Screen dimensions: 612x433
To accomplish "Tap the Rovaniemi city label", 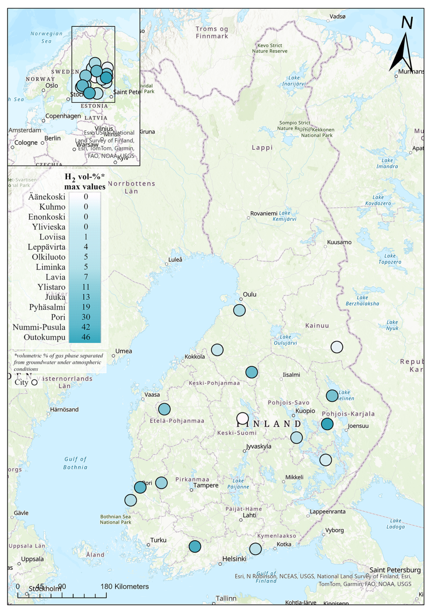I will coord(264,214).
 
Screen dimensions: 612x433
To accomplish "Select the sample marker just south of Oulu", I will coord(239,310).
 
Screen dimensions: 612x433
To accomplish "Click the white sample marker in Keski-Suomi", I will coord(242,418).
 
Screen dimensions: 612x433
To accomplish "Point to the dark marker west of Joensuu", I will coord(327,424).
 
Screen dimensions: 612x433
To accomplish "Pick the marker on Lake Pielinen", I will coord(332,396).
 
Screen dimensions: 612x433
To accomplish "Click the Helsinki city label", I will coord(234,559).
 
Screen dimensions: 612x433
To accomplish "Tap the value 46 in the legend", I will coord(86,337).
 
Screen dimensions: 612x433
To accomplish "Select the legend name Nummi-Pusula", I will coord(39,327).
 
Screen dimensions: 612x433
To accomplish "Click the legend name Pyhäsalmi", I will coord(47,307).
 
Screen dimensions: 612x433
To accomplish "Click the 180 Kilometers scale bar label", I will coord(124,586).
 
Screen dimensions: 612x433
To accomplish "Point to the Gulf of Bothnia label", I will coord(75,463).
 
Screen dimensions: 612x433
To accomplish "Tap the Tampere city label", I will coord(206,485).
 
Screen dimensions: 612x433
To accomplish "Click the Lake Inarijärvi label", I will coord(294,81).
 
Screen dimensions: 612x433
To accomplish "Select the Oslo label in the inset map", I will coord(51,86).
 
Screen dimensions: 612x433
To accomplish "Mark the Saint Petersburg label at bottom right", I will coord(395,570).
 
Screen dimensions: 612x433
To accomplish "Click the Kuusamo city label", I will coord(339,242).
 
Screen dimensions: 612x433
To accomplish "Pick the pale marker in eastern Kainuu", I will coord(337,347).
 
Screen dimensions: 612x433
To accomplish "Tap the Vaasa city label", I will coord(152,395).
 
